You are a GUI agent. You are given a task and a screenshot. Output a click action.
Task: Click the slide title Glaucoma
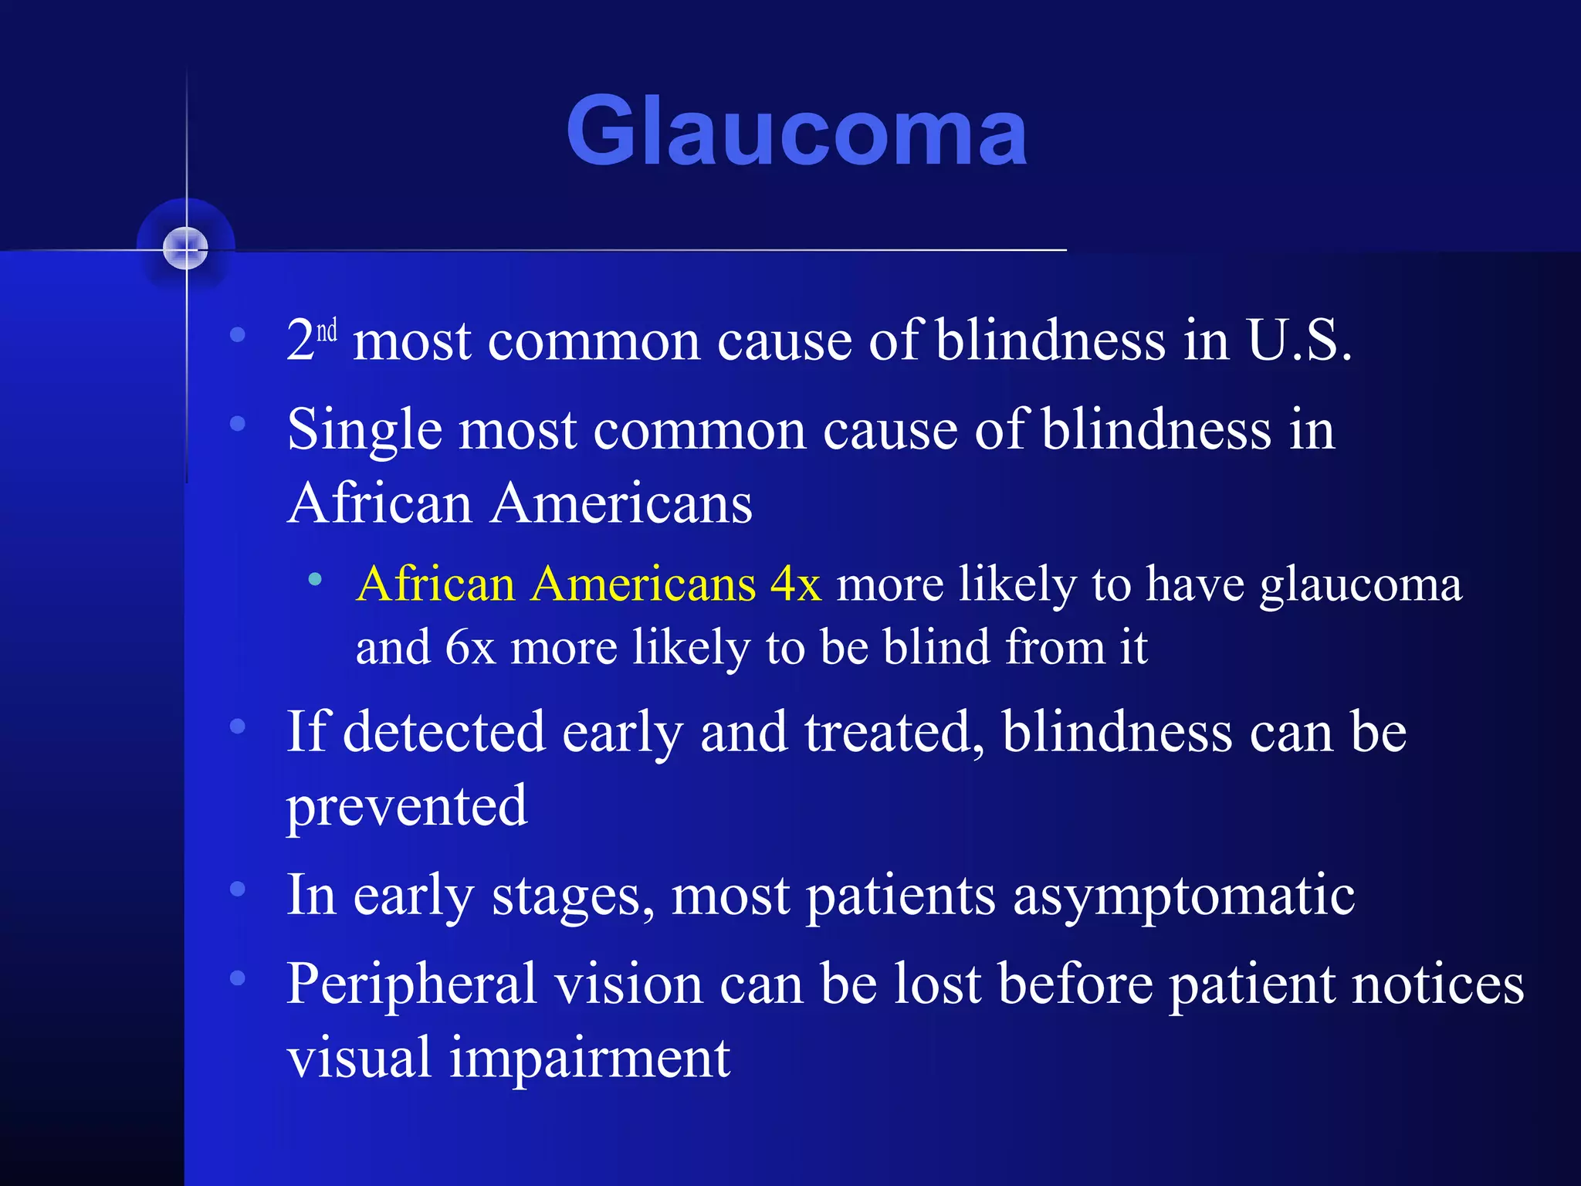pos(796,131)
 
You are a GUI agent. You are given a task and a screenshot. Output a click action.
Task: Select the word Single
pos(365,431)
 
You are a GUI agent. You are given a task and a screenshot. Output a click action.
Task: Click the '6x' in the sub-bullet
pos(469,647)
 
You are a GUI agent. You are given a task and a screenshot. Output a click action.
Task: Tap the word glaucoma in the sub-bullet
pos(1360,585)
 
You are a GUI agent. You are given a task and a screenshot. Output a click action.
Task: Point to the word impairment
pos(590,1059)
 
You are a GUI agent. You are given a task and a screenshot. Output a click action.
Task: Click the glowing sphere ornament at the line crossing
pos(186,248)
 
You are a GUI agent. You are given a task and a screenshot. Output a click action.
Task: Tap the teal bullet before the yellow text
pos(314,579)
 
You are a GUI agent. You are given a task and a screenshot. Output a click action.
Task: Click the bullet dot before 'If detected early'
pos(238,726)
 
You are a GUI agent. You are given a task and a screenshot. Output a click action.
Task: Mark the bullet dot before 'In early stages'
pos(238,889)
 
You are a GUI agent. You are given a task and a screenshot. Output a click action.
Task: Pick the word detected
pos(443,732)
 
